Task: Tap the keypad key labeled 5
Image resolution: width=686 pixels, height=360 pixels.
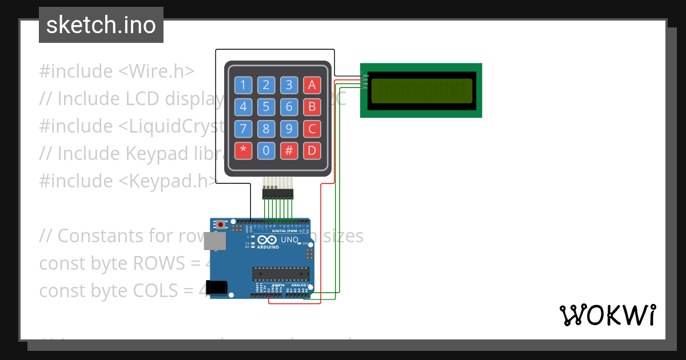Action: point(266,107)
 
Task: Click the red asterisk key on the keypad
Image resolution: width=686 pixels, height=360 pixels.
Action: point(243,151)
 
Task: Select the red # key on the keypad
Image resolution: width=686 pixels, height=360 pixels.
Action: point(289,151)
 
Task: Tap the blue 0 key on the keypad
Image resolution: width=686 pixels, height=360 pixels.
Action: point(266,151)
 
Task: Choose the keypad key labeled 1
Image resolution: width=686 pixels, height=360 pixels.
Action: point(243,86)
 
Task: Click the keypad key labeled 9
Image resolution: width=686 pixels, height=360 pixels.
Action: point(289,129)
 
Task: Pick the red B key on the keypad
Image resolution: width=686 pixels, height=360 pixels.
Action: point(312,107)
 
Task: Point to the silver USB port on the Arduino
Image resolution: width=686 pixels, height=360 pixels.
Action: point(215,241)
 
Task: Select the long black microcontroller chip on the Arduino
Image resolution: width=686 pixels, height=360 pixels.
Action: point(281,274)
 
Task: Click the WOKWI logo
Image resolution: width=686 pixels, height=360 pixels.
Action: point(607,315)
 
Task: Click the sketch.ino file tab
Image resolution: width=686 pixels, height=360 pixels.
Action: point(101,25)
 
